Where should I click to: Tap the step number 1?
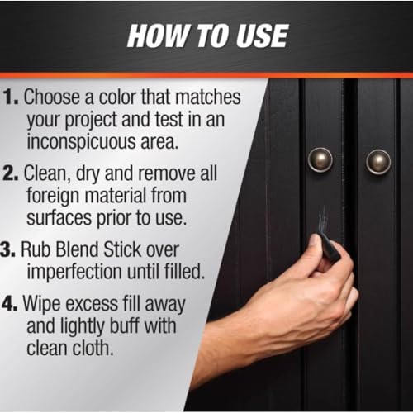click(11, 97)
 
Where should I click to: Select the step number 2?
click(11, 173)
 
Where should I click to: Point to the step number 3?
click(7, 249)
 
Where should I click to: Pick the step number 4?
click(10, 304)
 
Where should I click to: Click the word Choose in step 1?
click(53, 97)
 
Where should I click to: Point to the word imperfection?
click(74, 273)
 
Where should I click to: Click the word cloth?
click(93, 348)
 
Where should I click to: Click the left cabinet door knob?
click(320, 159)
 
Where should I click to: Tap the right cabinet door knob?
click(378, 162)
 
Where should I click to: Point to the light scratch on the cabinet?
click(322, 220)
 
